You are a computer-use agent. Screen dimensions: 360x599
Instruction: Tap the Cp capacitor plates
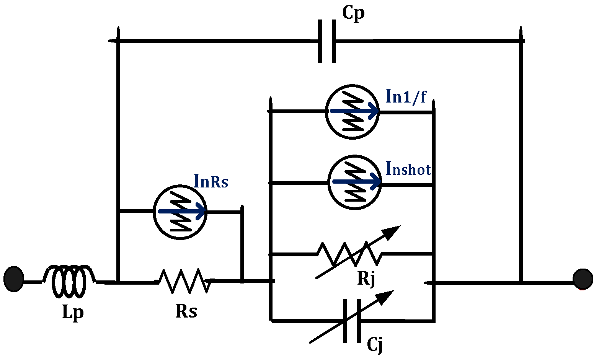327,41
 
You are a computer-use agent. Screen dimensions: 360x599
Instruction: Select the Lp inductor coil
69,281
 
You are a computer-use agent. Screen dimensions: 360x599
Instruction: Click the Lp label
73,313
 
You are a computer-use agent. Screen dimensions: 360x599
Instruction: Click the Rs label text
186,311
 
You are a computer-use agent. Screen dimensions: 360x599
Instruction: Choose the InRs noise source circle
180,212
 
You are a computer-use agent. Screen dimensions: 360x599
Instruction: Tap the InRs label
211,181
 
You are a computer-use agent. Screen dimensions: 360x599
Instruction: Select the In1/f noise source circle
352,112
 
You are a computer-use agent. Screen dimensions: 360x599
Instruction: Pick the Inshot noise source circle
355,182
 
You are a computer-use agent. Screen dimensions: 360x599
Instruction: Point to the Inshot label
408,168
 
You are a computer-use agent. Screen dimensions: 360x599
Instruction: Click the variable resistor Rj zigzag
349,253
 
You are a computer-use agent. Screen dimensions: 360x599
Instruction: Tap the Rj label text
366,279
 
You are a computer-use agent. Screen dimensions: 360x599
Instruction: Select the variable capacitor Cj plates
352,321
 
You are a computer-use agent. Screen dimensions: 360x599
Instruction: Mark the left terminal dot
14,279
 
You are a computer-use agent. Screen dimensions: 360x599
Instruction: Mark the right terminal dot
583,279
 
